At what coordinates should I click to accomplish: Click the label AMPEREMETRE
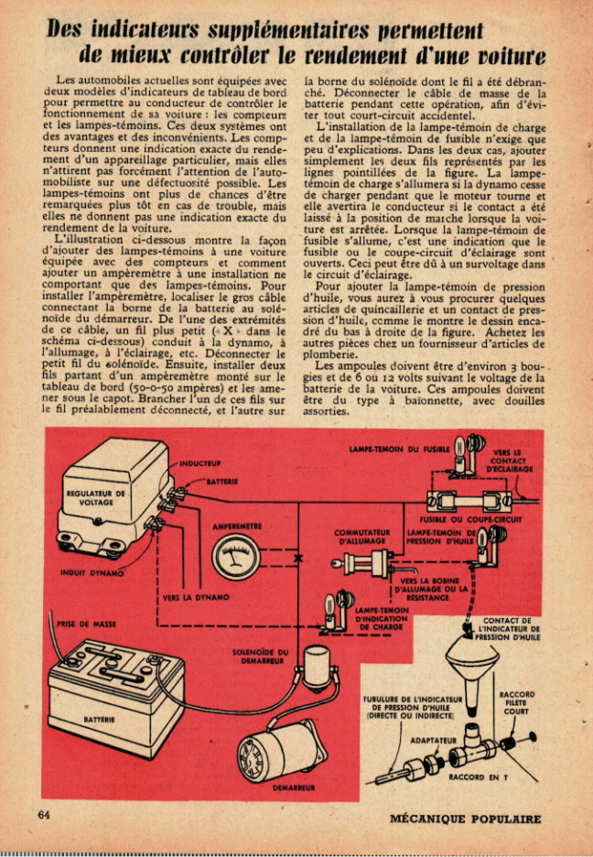tap(238, 527)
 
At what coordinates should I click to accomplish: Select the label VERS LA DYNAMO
tap(196, 597)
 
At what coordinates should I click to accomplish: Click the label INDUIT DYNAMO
tap(92, 574)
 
